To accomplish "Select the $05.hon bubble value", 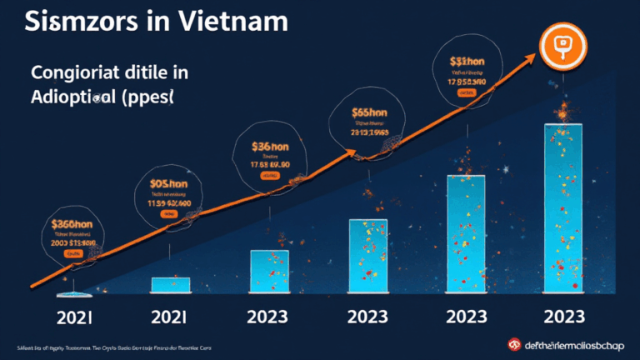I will click(170, 185).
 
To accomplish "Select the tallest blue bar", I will click(568, 208).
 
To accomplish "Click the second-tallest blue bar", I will click(472, 233).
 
